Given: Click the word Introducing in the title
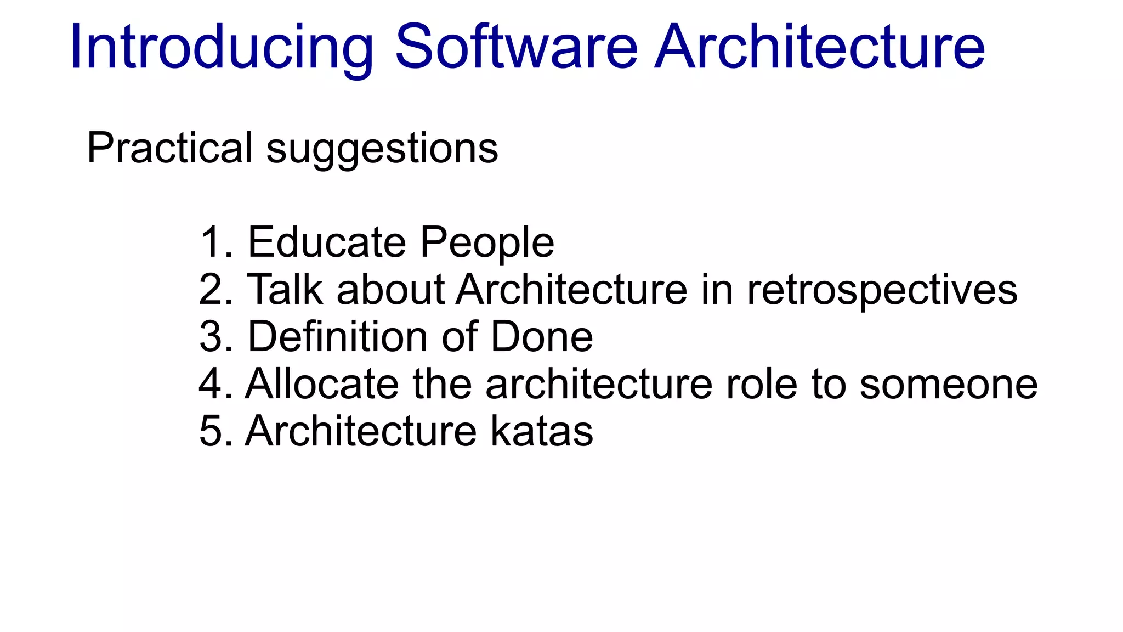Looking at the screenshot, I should pos(222,48).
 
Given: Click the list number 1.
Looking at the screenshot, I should pos(211,242).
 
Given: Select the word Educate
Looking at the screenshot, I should pos(327,242).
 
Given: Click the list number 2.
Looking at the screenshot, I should pos(211,289).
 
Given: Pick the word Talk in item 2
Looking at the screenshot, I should pos(285,289).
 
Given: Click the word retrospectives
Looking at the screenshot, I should pos(882,291).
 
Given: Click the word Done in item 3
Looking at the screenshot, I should pos(541,336).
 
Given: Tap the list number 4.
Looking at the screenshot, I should pos(211,383).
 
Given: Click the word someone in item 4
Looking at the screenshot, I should pos(948,385).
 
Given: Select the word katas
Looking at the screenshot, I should pos(541,431).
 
